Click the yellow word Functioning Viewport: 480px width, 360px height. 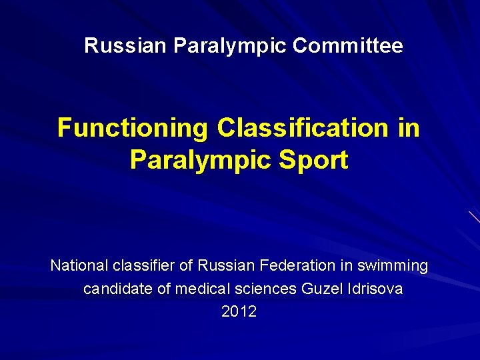133,127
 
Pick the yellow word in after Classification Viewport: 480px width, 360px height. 408,127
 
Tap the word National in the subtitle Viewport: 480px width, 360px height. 79,266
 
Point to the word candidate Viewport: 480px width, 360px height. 115,290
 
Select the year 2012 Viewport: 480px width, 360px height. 239,312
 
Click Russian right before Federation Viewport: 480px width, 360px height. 227,266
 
